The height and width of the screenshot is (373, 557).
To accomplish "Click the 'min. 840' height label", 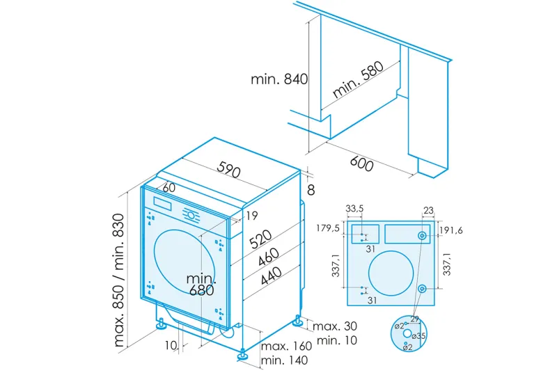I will coord(279,79).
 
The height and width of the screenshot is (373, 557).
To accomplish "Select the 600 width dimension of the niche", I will coord(361,164).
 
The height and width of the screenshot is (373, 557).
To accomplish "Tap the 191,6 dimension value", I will coord(450,230).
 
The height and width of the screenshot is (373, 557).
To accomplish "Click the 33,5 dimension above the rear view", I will coord(356,207).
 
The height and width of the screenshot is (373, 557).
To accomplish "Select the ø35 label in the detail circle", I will coord(420,336).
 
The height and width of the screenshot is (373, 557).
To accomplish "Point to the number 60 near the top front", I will coord(168,188).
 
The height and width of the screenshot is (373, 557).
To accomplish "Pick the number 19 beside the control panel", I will coord(251,214).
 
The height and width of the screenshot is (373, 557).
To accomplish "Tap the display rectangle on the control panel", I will coord(163,205).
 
